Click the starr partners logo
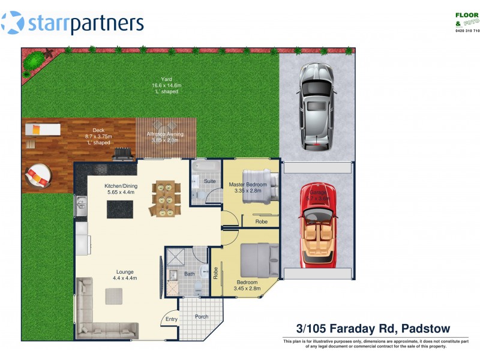(x=73, y=23)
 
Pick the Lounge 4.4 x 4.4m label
(x=125, y=275)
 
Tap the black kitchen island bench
(x=120, y=209)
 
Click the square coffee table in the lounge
(x=114, y=296)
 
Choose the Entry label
(x=172, y=319)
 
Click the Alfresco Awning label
(x=165, y=137)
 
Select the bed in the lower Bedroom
(x=259, y=262)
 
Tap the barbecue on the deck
(x=123, y=155)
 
